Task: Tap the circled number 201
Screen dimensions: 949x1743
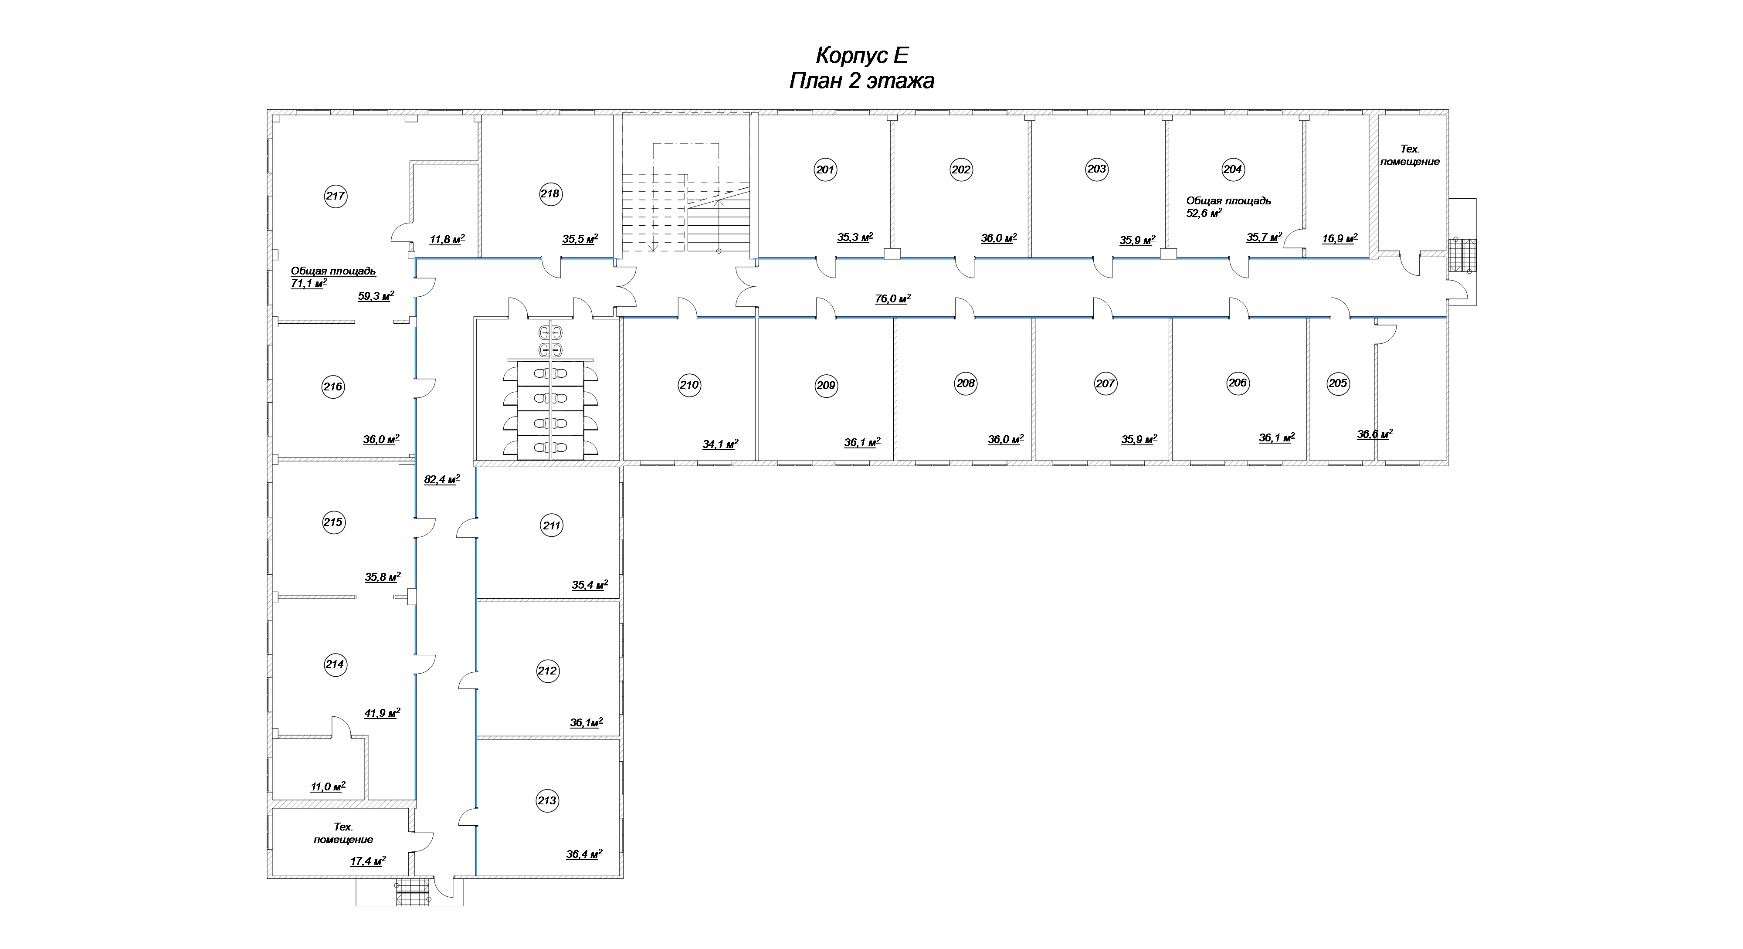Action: click(x=825, y=170)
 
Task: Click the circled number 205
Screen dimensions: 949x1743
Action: click(x=1338, y=383)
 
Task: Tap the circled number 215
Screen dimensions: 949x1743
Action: click(x=333, y=522)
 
